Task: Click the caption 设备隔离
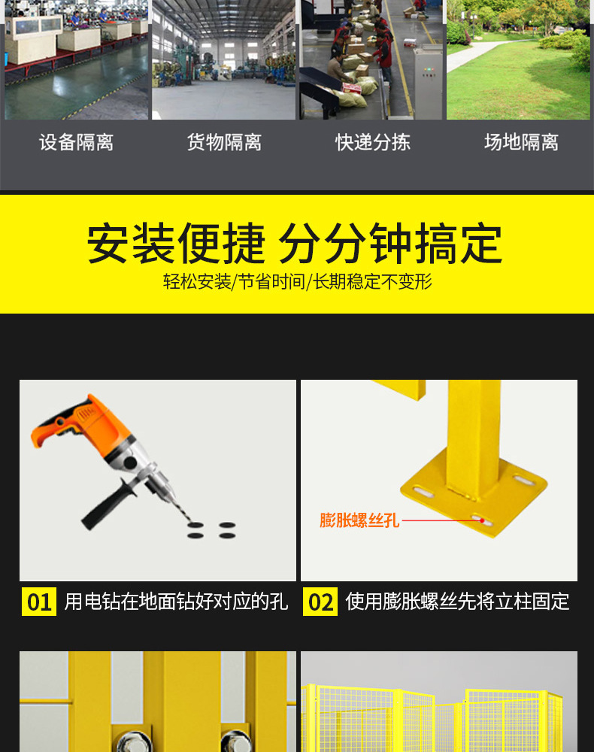[76, 142]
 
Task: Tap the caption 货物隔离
[224, 142]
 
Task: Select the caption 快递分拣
[372, 142]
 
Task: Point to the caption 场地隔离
[521, 142]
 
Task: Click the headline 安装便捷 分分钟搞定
[295, 243]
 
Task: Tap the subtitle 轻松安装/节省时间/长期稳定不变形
[298, 282]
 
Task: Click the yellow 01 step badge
[39, 602]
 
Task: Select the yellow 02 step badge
[320, 602]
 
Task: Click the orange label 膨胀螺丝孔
[359, 520]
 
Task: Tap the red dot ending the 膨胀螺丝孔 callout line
[482, 520]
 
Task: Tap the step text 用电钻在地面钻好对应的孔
[176, 602]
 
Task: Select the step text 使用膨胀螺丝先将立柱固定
[457, 602]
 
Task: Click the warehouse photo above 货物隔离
[223, 60]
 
